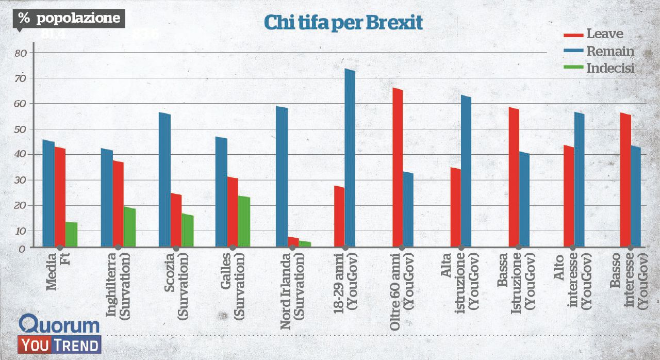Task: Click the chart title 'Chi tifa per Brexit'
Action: click(343, 23)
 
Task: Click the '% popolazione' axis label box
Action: click(69, 19)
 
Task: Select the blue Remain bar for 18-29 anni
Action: click(350, 157)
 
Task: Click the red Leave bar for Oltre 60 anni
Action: click(397, 167)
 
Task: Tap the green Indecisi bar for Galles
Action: click(244, 221)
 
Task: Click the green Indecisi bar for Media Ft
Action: click(71, 234)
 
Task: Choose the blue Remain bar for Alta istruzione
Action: click(466, 170)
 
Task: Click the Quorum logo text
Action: click(59, 325)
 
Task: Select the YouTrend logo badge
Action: click(59, 345)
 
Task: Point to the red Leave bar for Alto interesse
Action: click(568, 196)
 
